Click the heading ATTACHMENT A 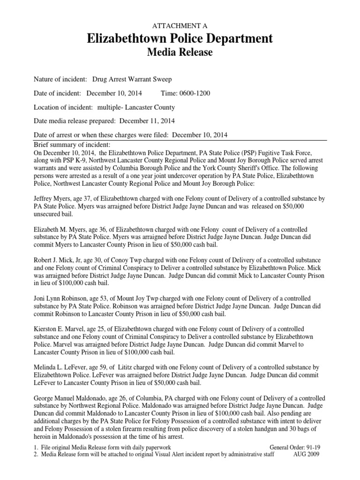point(180,25)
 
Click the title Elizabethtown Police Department point(180,38)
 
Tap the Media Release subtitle point(180,53)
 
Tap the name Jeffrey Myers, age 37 point(61,199)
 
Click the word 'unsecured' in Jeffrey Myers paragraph point(47,214)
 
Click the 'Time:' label point(169,93)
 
